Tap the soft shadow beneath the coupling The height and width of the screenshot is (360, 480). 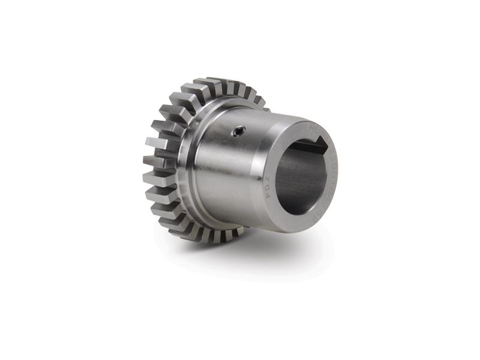[x=252, y=252]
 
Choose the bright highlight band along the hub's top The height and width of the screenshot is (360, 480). [x=252, y=120]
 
